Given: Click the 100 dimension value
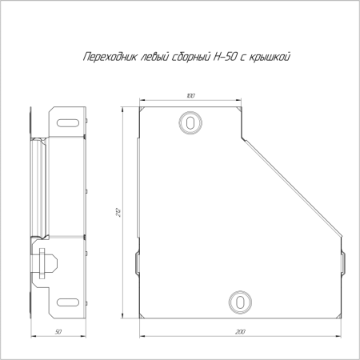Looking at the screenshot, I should pyautogui.click(x=190, y=96).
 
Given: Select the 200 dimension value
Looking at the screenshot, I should pyautogui.click(x=241, y=330).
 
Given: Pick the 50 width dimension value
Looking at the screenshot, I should pyautogui.click(x=59, y=330).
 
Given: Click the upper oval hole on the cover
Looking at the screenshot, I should pyautogui.click(x=190, y=122).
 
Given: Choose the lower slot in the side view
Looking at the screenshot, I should pyautogui.click(x=70, y=302).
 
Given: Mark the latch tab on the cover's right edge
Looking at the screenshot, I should pyautogui.click(x=342, y=262).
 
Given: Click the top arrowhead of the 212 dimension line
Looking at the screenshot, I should pyautogui.click(x=123, y=105).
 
